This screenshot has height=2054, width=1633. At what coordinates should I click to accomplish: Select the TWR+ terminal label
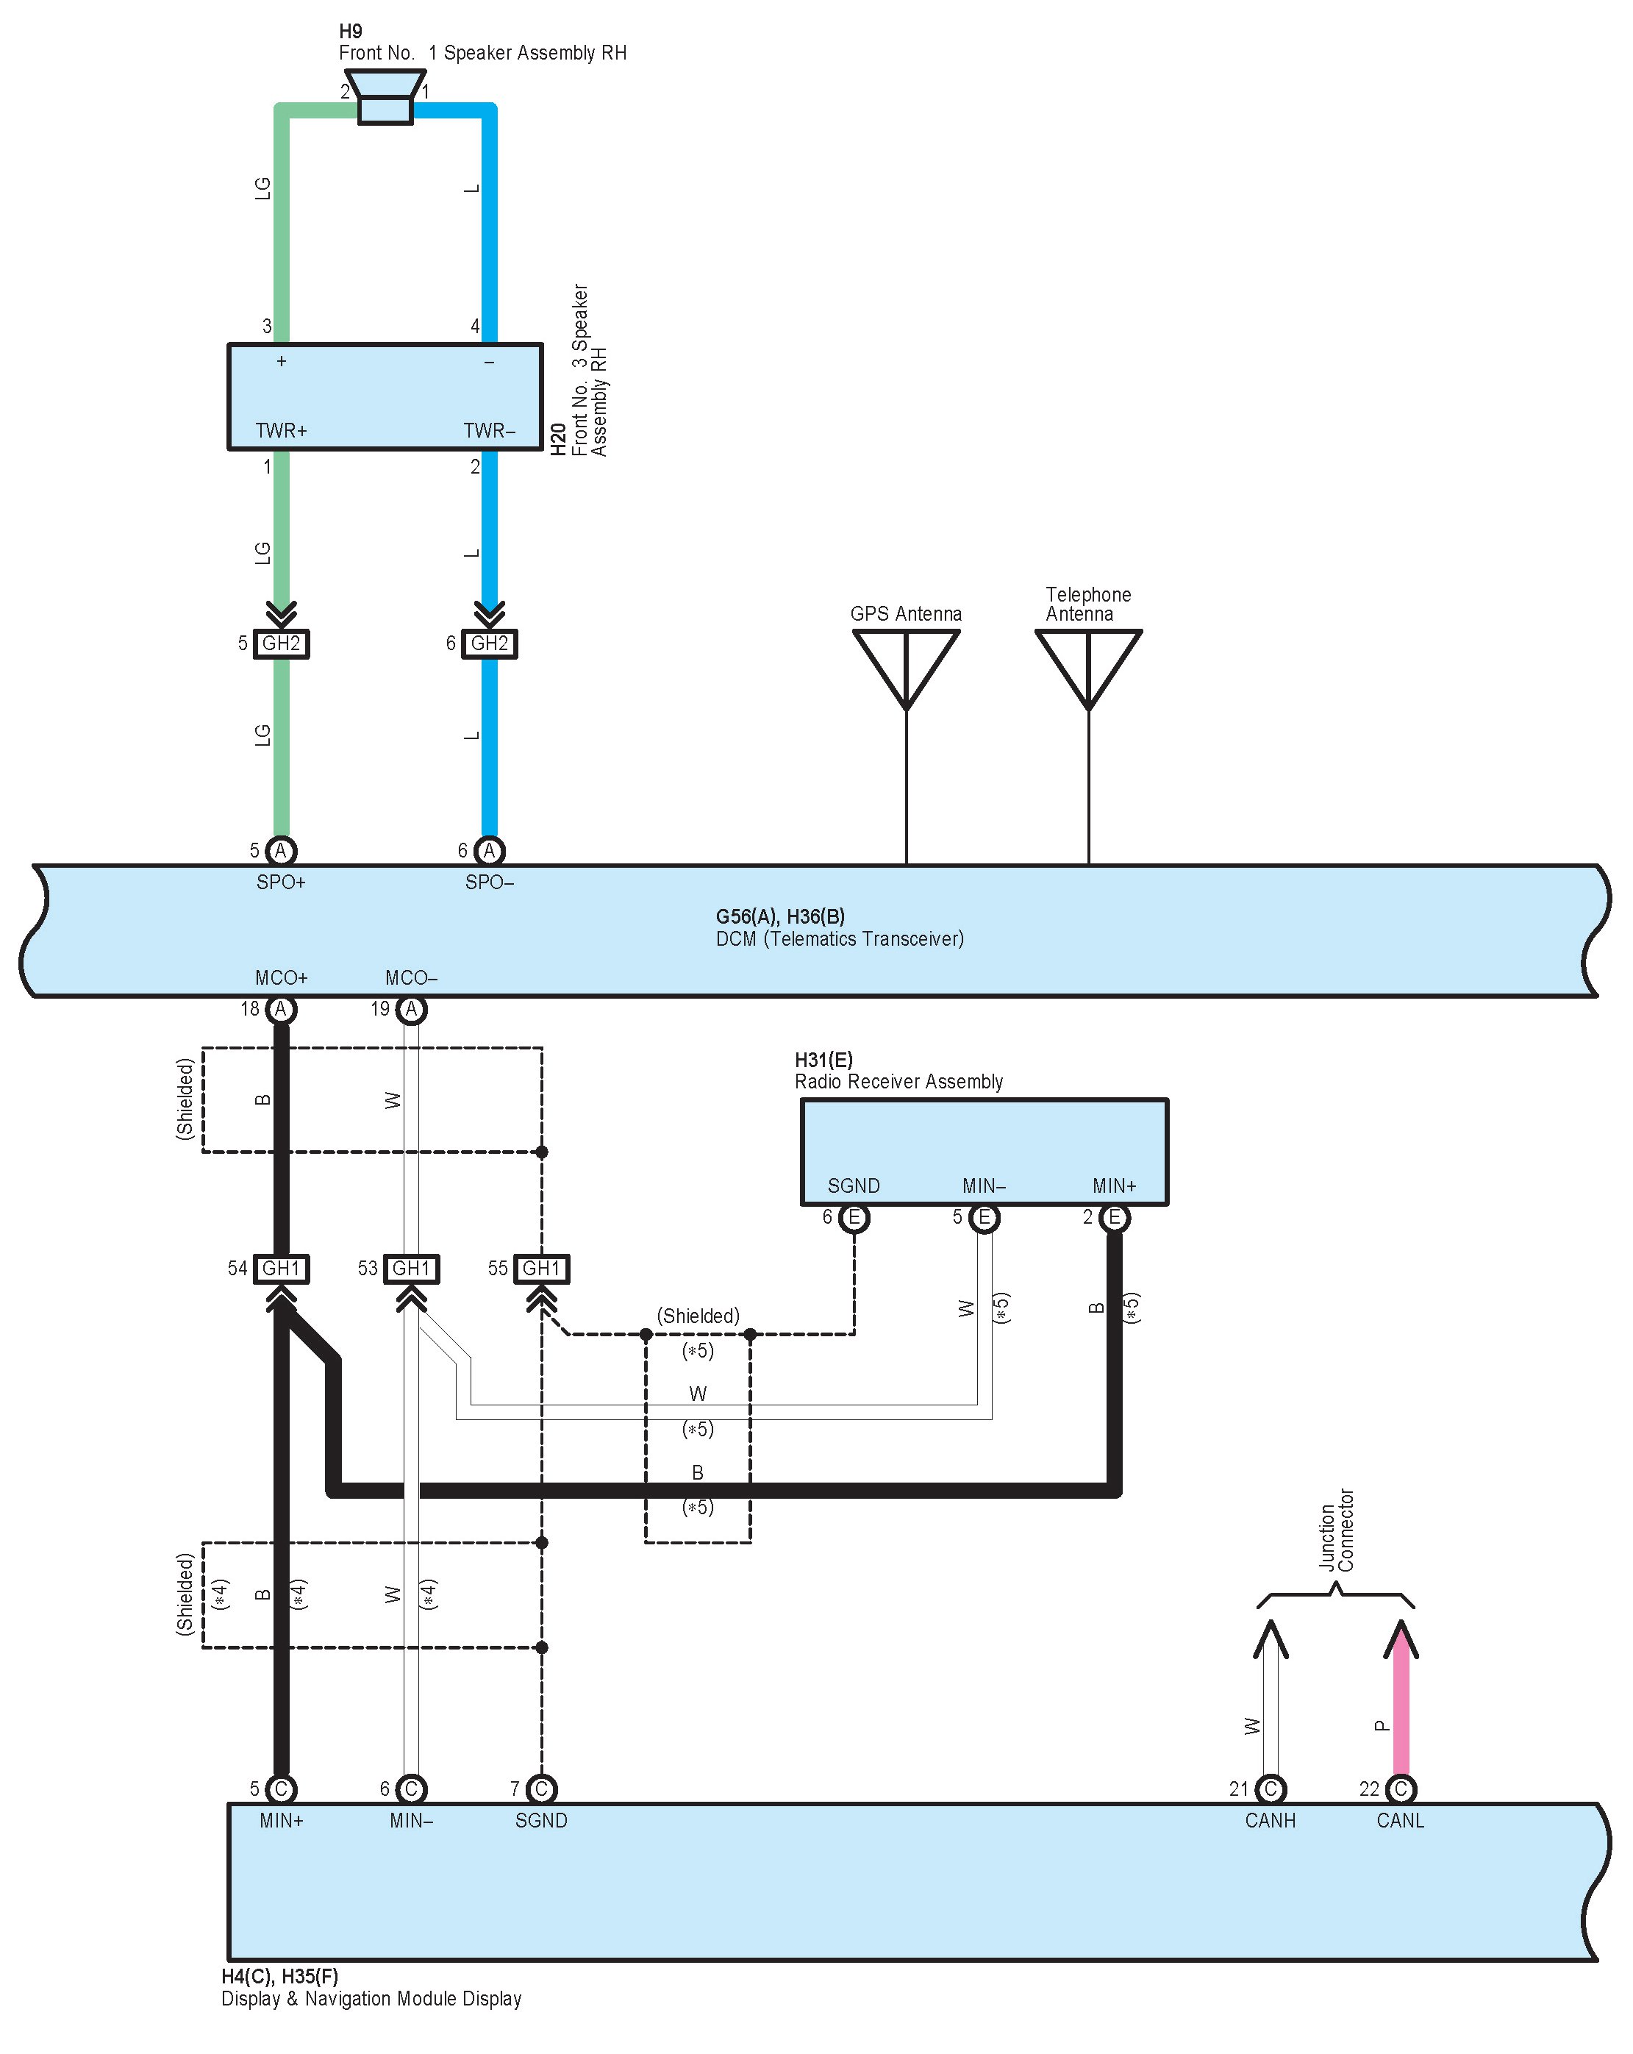pos(281,431)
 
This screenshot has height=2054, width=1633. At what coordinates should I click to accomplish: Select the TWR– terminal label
pos(489,431)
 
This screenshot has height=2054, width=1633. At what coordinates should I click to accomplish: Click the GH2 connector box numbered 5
pos(281,643)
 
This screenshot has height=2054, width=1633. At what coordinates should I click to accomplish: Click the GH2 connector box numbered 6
pos(490,643)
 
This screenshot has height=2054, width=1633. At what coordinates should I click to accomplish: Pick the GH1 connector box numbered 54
pos(281,1268)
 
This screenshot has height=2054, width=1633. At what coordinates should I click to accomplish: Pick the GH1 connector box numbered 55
pos(541,1268)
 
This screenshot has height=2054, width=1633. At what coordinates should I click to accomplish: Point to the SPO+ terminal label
pos(281,882)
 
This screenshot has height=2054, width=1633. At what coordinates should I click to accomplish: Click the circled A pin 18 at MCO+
pos(280,1009)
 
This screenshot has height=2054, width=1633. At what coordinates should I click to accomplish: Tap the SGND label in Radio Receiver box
pos(854,1186)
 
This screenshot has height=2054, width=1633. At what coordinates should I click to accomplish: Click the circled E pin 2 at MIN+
pos(1114,1218)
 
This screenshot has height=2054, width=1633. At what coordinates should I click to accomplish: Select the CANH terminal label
pos(1270,1821)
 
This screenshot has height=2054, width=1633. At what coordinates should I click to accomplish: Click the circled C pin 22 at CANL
pos(1401,1789)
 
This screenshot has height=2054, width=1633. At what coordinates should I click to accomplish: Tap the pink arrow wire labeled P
pos(1401,1705)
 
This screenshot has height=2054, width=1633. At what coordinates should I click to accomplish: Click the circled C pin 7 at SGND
pos(541,1789)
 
